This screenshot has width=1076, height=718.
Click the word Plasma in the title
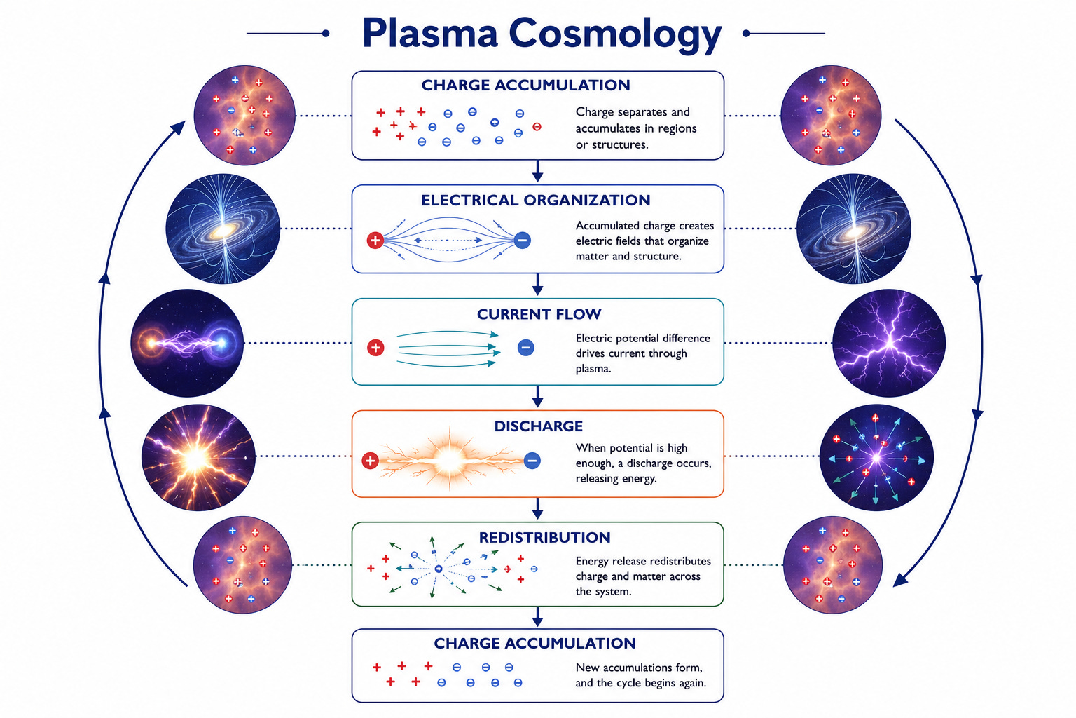[430, 33]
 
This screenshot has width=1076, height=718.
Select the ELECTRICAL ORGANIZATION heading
[536, 200]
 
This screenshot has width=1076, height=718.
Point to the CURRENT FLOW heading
[539, 314]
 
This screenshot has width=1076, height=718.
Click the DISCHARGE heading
[539, 426]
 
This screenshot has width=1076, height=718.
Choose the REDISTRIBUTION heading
[545, 537]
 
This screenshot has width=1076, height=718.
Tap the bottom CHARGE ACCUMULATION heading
[534, 644]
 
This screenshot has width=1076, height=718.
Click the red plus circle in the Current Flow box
[375, 347]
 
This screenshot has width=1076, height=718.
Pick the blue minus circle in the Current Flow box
[526, 347]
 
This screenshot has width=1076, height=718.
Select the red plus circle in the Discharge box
[370, 461]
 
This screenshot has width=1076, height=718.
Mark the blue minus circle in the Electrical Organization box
[523, 240]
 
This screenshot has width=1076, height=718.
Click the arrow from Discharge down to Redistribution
[537, 508]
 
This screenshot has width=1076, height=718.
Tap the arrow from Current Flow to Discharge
[537, 396]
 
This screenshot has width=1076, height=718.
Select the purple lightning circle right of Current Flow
[889, 343]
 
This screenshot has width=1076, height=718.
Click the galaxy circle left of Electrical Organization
[223, 229]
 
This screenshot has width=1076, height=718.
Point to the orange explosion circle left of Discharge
[198, 457]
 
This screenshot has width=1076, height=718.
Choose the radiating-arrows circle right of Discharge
[876, 457]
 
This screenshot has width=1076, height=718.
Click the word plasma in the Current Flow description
[593, 369]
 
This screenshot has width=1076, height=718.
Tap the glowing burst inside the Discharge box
[449, 459]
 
